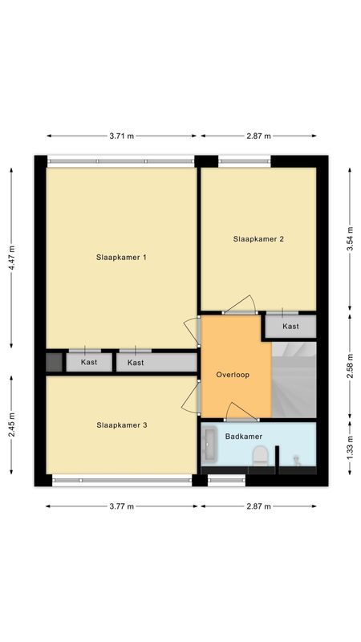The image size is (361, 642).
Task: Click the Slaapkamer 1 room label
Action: coord(120,258)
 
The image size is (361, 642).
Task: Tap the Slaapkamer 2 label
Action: coord(258,239)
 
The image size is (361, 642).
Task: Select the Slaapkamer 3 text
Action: coord(121,425)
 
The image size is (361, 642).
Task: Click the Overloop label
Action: coord(234,375)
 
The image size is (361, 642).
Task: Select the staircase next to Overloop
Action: coord(294,377)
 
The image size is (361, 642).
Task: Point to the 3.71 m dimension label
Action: coord(121,136)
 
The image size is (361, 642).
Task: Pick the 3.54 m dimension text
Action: coord(350,238)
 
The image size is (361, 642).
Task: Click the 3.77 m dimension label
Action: coord(121,506)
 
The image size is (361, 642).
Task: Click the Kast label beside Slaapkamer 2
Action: coord(290,327)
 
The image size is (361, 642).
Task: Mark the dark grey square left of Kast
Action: coord(54,362)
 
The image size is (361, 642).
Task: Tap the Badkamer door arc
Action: coord(241,412)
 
